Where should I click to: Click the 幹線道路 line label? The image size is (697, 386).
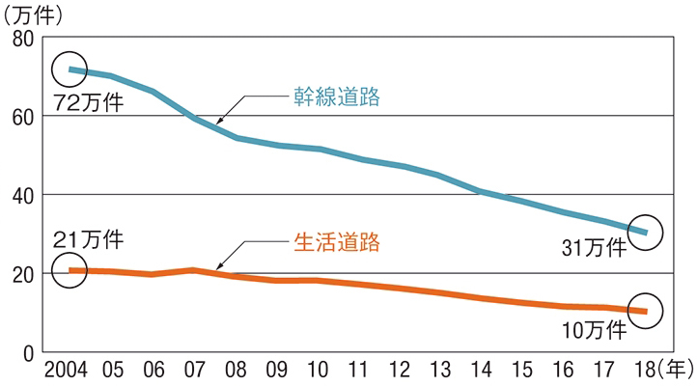coord(337,97)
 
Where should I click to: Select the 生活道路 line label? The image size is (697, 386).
coord(337,241)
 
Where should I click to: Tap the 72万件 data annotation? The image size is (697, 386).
coord(89,102)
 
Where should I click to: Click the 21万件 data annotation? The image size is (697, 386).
coord(89,238)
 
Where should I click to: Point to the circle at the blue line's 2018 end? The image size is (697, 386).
coord(643,232)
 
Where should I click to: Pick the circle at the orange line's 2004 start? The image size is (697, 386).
coord(70,269)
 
